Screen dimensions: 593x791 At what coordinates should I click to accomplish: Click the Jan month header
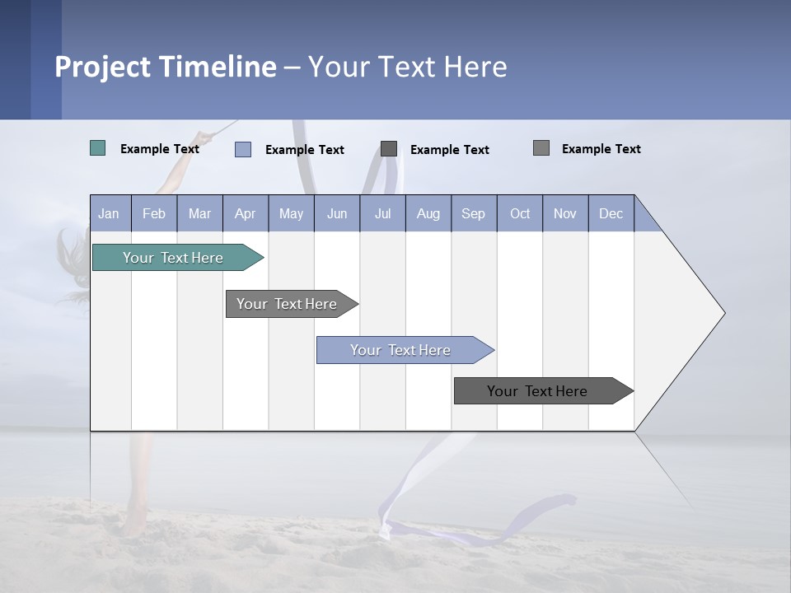click(x=110, y=213)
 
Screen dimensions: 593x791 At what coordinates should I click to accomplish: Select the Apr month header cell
click(x=246, y=213)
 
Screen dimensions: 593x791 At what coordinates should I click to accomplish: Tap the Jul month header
click(x=382, y=213)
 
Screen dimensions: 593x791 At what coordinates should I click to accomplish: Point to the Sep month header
click(x=474, y=213)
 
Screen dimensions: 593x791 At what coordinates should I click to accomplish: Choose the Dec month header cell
click(x=611, y=213)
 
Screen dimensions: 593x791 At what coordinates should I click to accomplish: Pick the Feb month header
click(x=154, y=213)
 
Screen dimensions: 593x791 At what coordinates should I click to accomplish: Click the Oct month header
click(x=520, y=213)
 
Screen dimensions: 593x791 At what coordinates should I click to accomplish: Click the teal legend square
click(x=98, y=148)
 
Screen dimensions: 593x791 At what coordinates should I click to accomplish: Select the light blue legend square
click(x=243, y=149)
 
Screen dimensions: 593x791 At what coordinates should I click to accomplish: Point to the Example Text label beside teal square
click(x=160, y=149)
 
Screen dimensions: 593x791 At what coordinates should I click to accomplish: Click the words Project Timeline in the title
click(x=166, y=67)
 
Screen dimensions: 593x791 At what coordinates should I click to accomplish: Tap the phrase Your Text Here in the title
click(x=407, y=67)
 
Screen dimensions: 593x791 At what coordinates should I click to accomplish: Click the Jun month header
click(x=337, y=213)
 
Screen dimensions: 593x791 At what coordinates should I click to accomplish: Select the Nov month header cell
click(x=565, y=213)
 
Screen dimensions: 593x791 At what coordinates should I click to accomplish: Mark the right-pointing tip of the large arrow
click(x=723, y=313)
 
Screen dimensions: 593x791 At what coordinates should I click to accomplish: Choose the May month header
click(x=291, y=213)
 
